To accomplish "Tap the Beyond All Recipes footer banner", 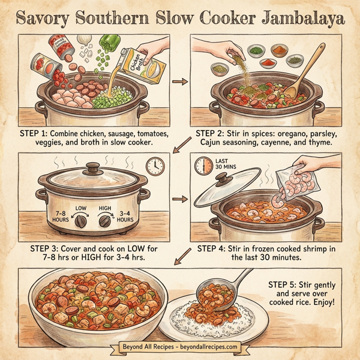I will click(179, 347).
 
